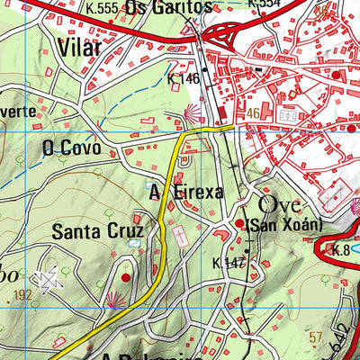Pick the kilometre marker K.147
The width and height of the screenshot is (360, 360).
(x=229, y=264)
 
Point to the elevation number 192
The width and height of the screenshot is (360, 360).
(x=22, y=293)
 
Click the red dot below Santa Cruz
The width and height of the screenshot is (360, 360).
(x=125, y=278)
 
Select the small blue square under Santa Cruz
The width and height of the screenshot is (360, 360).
(x=135, y=243)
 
